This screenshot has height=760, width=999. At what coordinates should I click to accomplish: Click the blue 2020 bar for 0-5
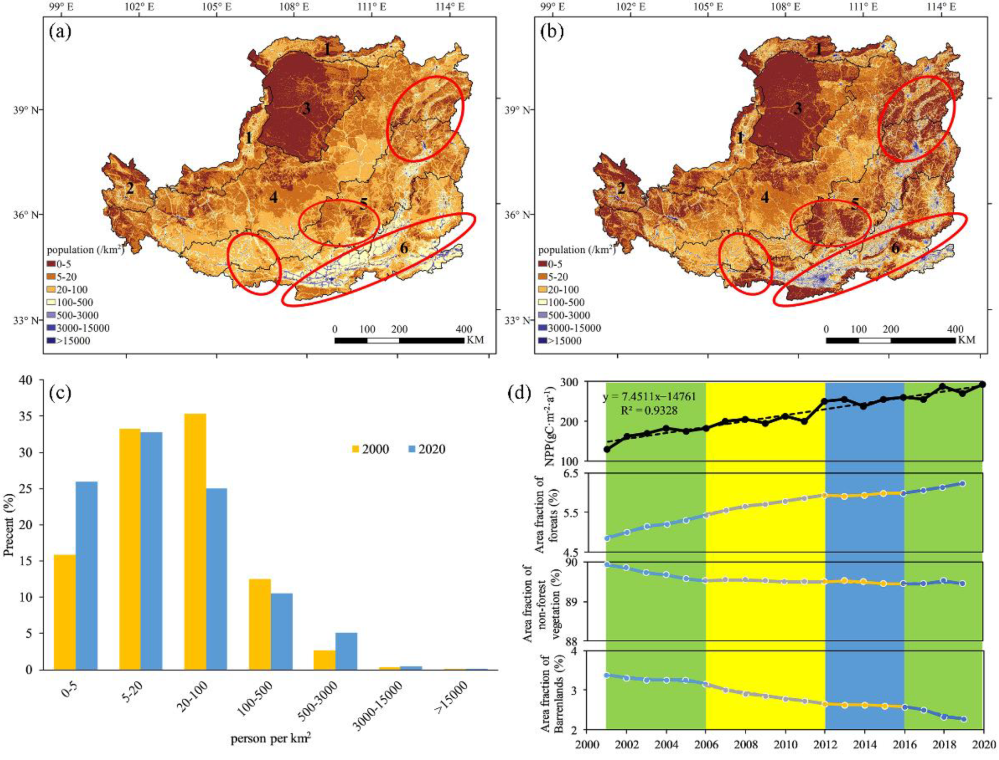(x=86, y=575)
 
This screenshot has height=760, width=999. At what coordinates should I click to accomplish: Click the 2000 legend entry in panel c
(x=370, y=449)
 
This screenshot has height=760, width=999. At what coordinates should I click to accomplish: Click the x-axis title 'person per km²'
(x=271, y=740)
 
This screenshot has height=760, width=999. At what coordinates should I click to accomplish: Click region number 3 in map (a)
(x=306, y=109)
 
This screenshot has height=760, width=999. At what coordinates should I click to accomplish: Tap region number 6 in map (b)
(x=895, y=248)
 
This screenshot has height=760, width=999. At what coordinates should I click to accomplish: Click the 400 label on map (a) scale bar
(x=464, y=329)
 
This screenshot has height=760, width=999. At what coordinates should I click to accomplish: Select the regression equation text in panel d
(x=649, y=397)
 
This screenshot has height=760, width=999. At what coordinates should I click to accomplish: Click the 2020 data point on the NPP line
(x=983, y=384)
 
